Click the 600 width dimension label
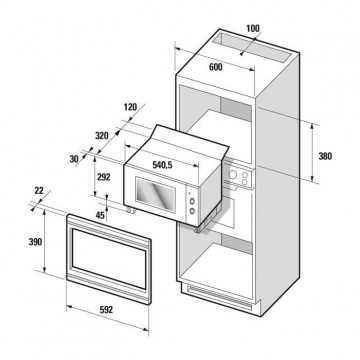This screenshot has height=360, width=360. click(216, 67)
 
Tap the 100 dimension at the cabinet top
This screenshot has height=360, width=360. click(253, 28)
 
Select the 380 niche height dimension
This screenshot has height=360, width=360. click(325, 156)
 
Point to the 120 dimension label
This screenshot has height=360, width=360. click(130, 107)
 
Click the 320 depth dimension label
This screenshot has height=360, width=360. click(102, 136)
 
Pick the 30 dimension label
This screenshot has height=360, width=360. click(74, 159)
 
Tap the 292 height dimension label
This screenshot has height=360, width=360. click(104, 177)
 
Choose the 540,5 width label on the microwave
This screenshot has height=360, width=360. click(162, 165)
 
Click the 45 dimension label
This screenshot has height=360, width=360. click(100, 215)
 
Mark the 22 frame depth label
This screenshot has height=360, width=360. click(39, 191)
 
